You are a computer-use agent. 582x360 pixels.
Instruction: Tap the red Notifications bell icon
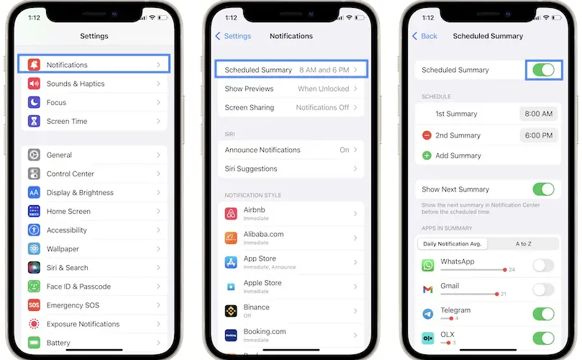(34, 65)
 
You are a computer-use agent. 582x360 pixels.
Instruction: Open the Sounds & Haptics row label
(76, 84)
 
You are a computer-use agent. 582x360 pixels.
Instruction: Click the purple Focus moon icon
(34, 102)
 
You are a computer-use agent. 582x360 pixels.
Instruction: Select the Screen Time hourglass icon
(34, 121)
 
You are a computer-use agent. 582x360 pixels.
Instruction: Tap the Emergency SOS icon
(34, 305)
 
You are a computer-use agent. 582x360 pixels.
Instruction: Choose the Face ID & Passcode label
(78, 287)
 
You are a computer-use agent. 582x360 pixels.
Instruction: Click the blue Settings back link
(233, 36)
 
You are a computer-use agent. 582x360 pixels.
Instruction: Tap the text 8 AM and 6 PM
(324, 70)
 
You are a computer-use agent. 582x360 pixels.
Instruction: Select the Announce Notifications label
(263, 150)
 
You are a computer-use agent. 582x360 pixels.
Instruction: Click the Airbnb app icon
(231, 214)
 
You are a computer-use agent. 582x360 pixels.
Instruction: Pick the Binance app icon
(231, 310)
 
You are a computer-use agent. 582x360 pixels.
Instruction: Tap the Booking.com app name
(265, 331)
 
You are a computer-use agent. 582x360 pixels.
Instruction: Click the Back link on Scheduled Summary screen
(424, 36)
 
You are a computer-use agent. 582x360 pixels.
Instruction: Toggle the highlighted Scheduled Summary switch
(543, 70)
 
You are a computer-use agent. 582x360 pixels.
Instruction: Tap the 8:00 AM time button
(539, 114)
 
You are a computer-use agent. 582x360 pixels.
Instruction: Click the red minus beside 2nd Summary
(427, 135)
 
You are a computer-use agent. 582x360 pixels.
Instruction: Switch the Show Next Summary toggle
(543, 189)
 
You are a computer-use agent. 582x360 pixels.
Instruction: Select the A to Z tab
(523, 243)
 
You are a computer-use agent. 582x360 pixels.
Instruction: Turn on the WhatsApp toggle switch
(543, 265)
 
